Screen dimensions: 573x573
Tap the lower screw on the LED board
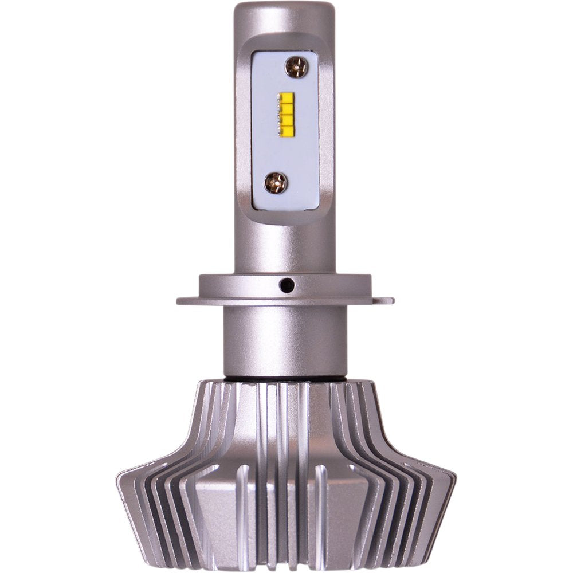click(276, 183)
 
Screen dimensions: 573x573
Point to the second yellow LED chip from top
click(286, 106)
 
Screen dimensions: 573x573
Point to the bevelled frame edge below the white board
click(285, 217)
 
